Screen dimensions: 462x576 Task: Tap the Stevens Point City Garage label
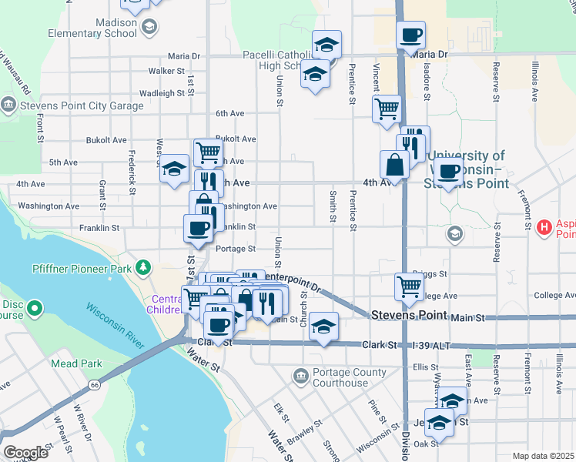coord(83,105)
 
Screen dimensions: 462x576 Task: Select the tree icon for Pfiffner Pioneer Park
coord(142,267)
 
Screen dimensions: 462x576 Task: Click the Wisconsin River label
coord(116,325)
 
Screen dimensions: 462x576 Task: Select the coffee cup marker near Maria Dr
coord(410,35)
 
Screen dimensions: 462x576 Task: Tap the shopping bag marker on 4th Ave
coord(394,165)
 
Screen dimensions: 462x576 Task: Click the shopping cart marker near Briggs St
coord(409,286)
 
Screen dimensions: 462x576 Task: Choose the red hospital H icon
coord(545,227)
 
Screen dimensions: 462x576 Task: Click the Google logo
coord(25,453)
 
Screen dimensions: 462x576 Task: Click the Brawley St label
coord(305,435)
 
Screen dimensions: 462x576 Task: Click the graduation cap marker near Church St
coord(324,326)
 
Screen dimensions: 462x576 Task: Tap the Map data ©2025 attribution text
coord(543,456)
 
